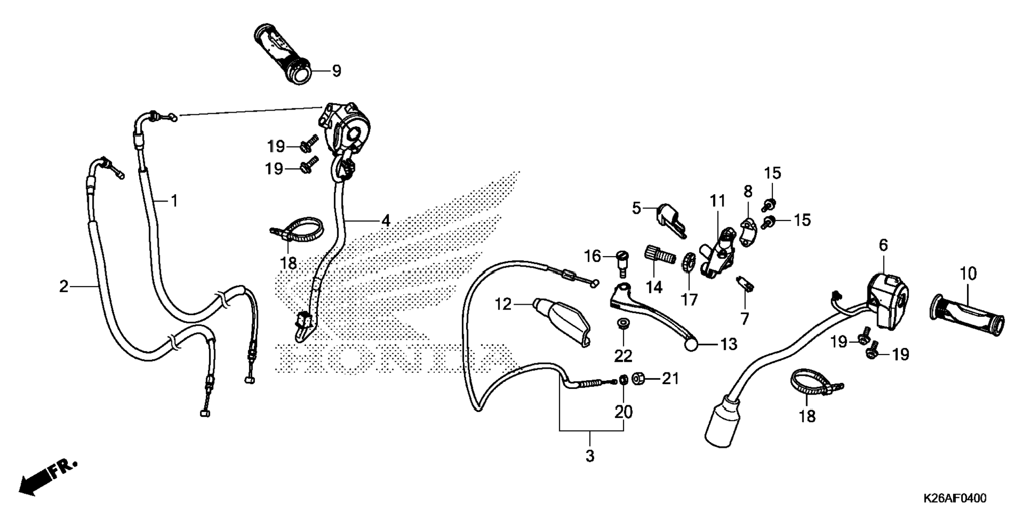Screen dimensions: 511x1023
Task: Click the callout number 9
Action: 336,71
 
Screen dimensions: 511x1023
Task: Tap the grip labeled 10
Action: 967,316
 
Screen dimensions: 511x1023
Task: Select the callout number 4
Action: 386,220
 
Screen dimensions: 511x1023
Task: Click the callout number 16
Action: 592,257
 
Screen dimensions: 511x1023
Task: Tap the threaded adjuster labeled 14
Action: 660,255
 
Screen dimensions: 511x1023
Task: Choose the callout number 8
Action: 747,191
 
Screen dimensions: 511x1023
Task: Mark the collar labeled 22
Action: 623,323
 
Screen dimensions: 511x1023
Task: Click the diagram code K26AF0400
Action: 955,498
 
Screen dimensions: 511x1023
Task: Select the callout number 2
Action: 63,287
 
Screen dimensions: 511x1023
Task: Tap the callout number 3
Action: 590,456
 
